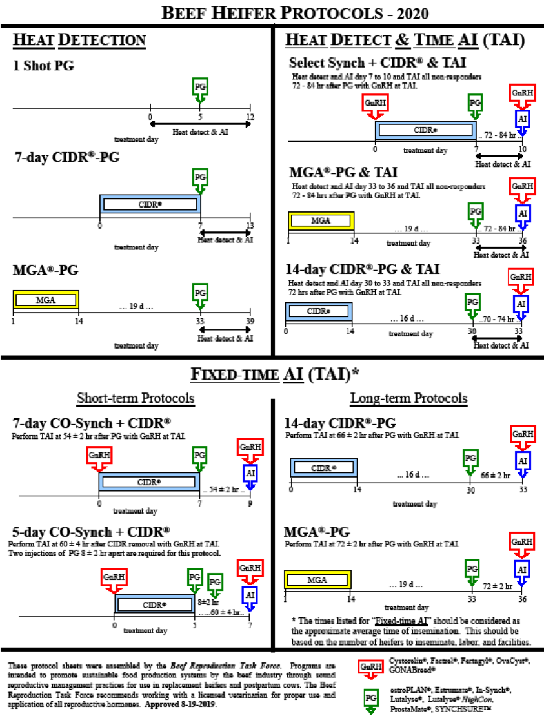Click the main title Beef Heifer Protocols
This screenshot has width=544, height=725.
[x=272, y=12]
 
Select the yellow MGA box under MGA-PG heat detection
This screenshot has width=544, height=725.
[x=45, y=300]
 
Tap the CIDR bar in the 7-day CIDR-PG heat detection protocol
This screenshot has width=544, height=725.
[x=150, y=204]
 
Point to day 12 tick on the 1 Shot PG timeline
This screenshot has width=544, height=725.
[x=250, y=117]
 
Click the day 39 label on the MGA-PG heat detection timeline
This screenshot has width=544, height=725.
[x=250, y=322]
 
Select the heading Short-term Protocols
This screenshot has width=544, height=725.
[x=136, y=398]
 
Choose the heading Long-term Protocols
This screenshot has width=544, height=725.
[x=408, y=398]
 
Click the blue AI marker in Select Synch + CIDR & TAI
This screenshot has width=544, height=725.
[x=522, y=119]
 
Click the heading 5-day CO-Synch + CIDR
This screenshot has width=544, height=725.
[x=91, y=532]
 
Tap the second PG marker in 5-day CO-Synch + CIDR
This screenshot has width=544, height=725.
[x=215, y=581]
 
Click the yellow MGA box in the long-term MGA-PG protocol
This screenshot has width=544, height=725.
[x=317, y=579]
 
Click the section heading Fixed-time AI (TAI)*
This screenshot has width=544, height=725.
[x=272, y=374]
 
